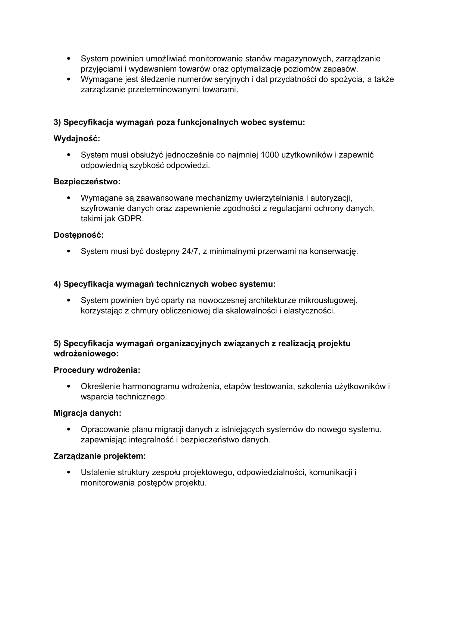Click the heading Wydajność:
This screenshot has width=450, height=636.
point(77,138)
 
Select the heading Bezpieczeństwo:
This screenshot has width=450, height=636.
point(87,182)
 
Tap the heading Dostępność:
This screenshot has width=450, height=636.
point(78,235)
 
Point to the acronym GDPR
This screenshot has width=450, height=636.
point(131,219)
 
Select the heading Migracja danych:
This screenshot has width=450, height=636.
point(87,413)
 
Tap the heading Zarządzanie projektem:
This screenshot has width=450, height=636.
point(100,456)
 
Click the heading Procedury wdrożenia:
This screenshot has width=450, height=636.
point(97,370)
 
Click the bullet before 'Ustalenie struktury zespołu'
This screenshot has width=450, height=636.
point(69,472)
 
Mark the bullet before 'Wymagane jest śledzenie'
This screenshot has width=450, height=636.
point(69,79)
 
